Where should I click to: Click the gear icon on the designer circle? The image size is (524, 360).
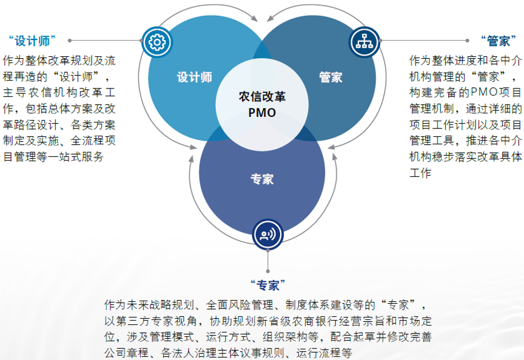coord(157,42)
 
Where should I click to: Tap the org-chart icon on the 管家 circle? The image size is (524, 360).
coord(364,41)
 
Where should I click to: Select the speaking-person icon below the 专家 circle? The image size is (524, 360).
coord(267,235)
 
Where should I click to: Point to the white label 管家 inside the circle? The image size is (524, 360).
coord(331,78)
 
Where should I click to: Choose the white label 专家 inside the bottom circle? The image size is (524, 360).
coord(262,179)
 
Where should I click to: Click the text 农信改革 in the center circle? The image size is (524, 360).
coord(262,97)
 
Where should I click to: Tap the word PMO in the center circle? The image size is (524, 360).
coord(262,113)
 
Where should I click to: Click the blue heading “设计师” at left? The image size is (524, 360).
coord(32,41)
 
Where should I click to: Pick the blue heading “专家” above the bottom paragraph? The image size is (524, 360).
coord(267,285)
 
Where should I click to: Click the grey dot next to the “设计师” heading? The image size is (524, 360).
coord(70,41)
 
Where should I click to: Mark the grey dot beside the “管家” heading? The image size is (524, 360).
coord(467,41)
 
